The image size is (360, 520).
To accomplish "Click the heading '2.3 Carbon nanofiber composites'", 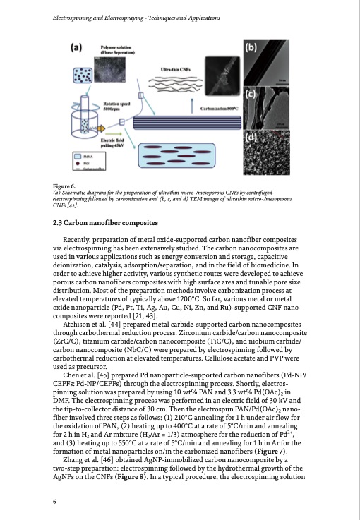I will [x=102, y=223].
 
